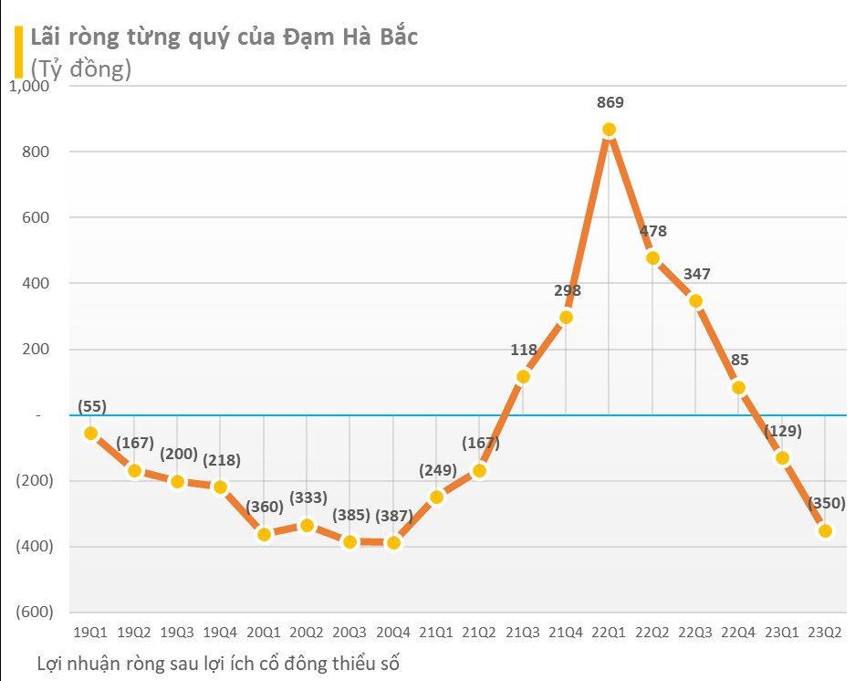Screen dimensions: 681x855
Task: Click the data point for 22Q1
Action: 610,130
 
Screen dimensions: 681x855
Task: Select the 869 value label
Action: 610,102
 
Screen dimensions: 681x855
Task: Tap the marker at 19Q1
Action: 91,434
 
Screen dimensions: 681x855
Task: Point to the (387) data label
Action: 394,516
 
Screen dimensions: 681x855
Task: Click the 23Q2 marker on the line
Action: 825,530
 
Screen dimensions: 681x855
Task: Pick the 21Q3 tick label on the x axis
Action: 523,631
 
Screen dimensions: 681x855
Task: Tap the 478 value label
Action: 652,232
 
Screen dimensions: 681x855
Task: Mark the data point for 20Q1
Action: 264,534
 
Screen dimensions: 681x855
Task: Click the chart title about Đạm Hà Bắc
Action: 224,37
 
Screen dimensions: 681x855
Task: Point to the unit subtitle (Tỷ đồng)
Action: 81,68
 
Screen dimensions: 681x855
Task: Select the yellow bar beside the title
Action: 18,52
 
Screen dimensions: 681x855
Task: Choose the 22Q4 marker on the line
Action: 739,387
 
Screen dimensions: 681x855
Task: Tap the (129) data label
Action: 782,431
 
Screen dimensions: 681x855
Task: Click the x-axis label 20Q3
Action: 350,631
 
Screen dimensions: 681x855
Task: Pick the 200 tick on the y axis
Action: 36,350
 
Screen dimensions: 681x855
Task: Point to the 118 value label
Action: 523,350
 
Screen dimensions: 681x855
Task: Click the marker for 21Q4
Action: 566,318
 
